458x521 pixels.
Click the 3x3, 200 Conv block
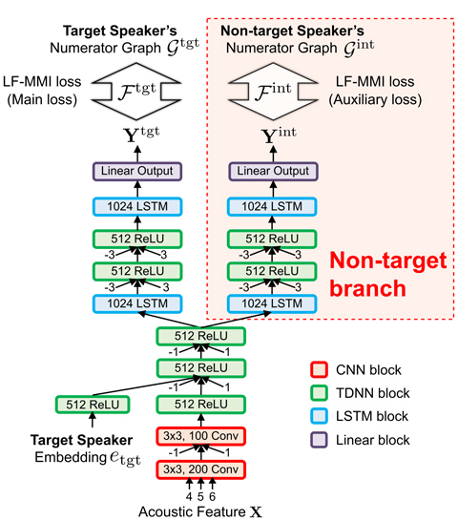click(x=200, y=469)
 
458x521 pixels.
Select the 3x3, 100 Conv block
click(x=200, y=436)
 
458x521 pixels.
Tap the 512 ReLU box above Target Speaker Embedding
click(x=93, y=405)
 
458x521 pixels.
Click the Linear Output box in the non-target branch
click(x=273, y=171)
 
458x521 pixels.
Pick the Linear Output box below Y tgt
click(x=137, y=171)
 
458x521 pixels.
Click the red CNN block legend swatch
click(x=319, y=370)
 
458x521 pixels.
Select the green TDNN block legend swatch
click(x=319, y=393)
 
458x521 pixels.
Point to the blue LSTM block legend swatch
click(x=319, y=416)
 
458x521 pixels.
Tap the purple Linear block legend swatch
click(x=319, y=440)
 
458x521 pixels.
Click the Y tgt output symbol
click(x=141, y=135)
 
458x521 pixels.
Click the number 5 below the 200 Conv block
click(x=200, y=496)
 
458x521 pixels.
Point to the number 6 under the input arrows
click(x=213, y=496)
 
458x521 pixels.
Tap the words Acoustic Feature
click(x=192, y=511)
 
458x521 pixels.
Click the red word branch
click(x=368, y=288)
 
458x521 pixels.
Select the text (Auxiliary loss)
click(x=375, y=99)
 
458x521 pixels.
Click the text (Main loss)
click(x=42, y=99)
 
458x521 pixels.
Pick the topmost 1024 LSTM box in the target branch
click(x=137, y=206)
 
